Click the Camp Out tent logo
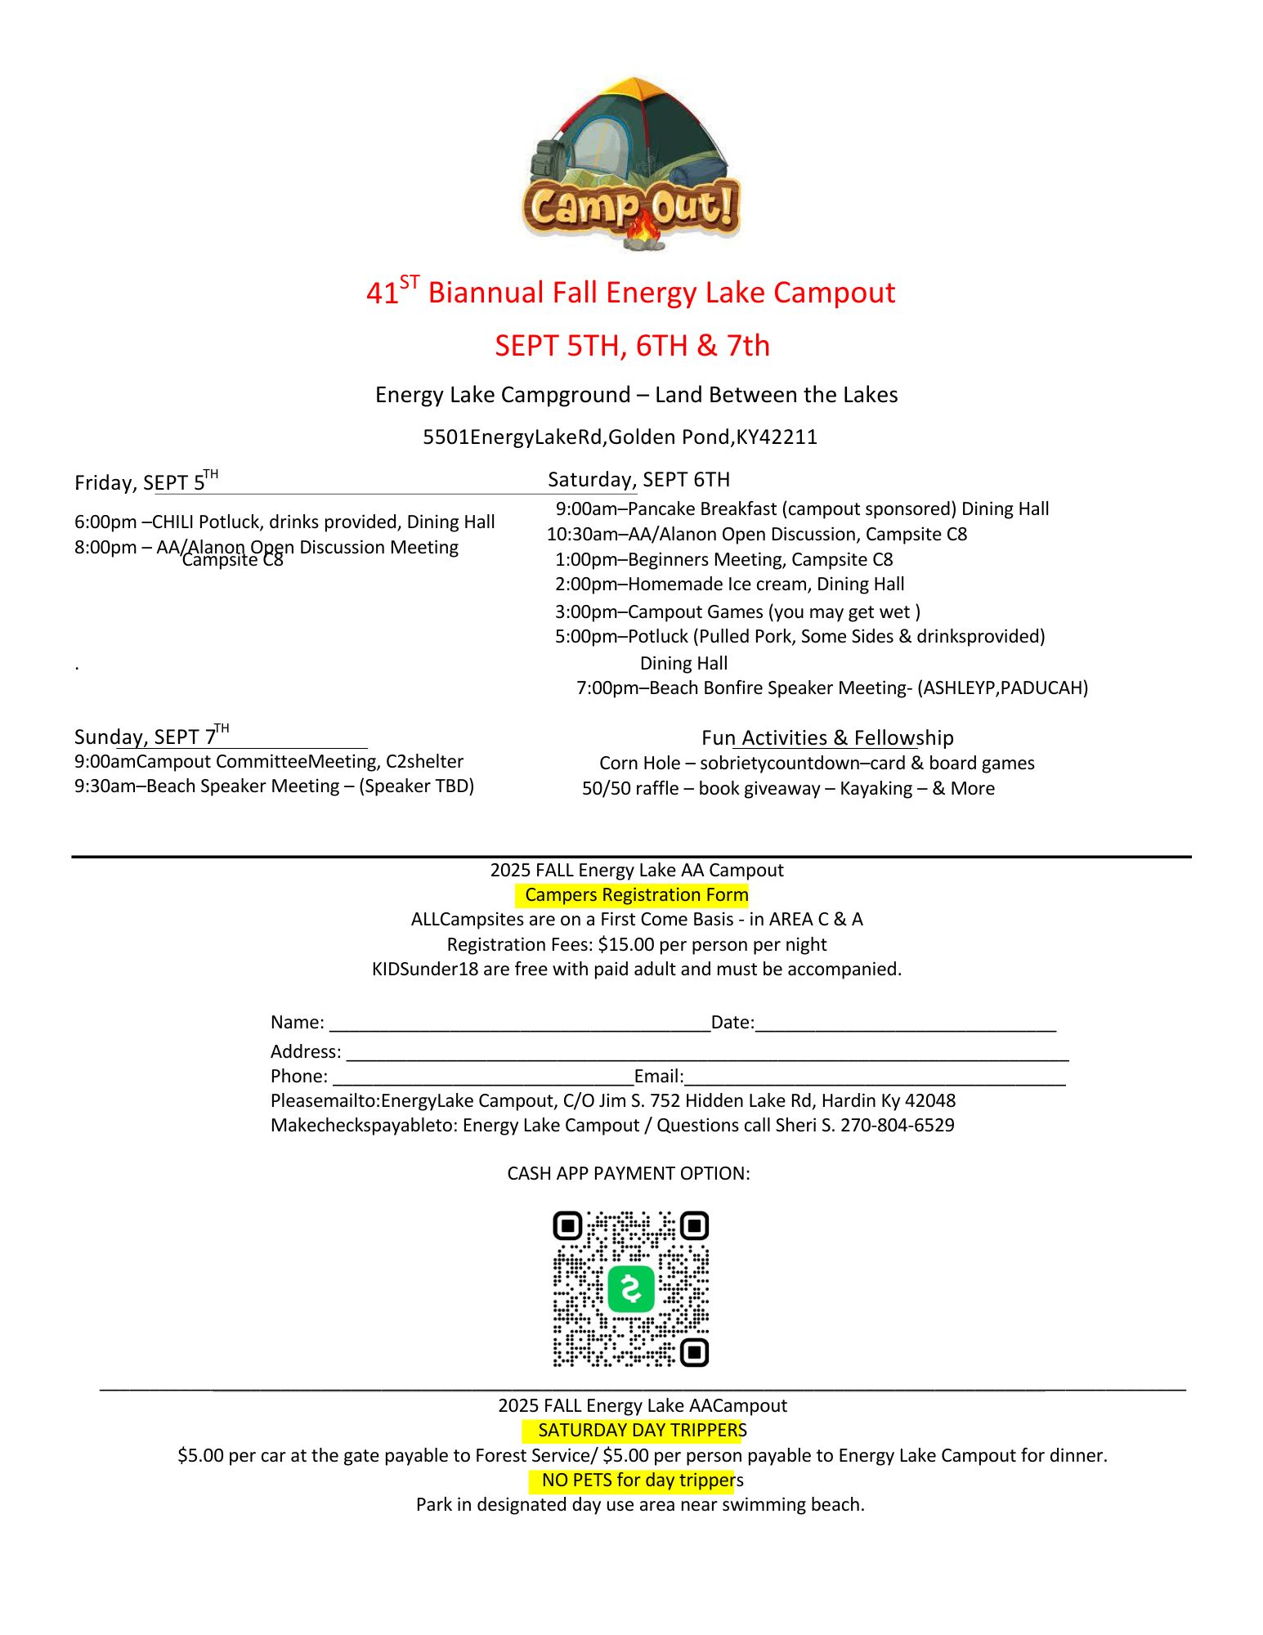pos(631,163)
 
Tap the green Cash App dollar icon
pos(631,1289)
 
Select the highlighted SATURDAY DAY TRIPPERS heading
pos(633,1431)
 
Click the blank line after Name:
pos(519,1023)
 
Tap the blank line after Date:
pos(905,1023)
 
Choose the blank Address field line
pos(707,1052)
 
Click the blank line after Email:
pos(875,1077)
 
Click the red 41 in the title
pos(382,293)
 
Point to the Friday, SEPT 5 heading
pos(146,482)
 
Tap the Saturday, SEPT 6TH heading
pos(638,480)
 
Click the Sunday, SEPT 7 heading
pos(151,737)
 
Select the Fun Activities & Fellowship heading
pos(827,738)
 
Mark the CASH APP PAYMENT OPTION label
pos(628,1174)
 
